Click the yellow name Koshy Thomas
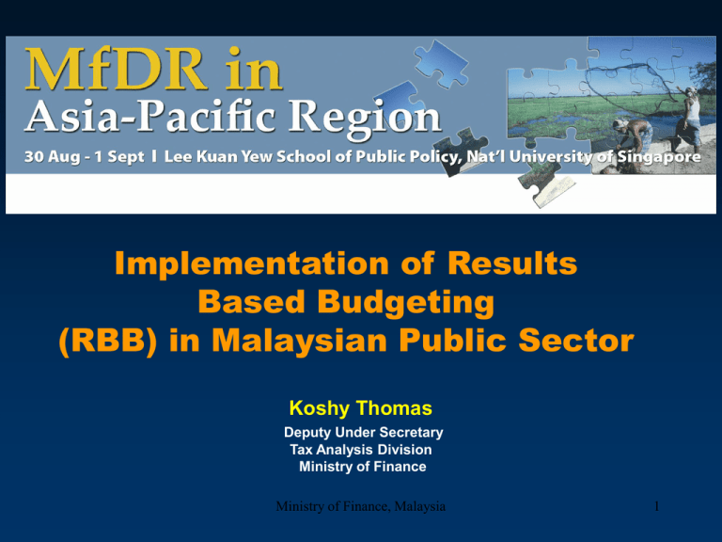point(362,409)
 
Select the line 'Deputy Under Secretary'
point(362,432)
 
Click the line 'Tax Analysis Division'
point(362,450)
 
